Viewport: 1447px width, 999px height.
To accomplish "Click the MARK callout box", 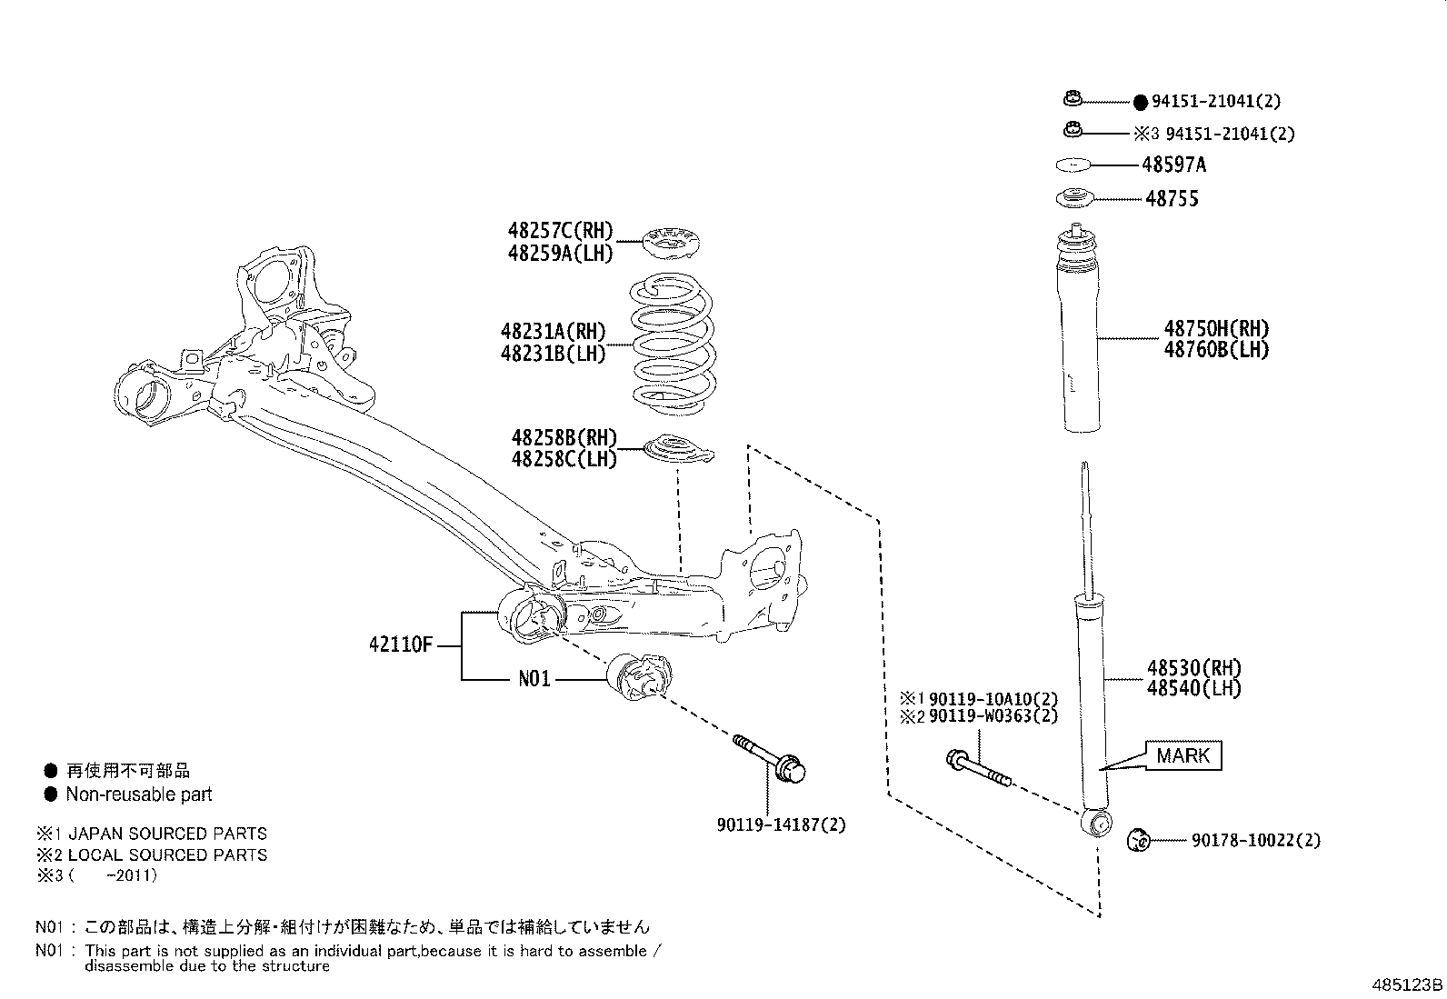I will (x=1183, y=755).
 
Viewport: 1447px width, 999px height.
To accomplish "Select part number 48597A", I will (x=1173, y=165).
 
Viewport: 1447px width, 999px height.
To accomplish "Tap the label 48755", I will (x=1172, y=199).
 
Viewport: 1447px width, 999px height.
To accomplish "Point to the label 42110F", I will (x=400, y=645).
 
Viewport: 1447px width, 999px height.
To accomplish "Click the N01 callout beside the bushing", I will (x=534, y=679).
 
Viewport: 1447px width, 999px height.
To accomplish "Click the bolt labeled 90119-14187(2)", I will (x=772, y=762).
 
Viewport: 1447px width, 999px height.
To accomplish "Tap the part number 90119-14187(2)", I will (x=781, y=825).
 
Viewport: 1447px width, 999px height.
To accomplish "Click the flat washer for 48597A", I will (x=1073, y=165).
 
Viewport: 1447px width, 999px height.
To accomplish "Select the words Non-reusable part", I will (x=138, y=794).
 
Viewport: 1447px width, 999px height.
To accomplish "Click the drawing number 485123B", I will (x=1407, y=985).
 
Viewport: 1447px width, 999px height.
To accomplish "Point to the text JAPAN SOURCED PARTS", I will (x=167, y=834).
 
